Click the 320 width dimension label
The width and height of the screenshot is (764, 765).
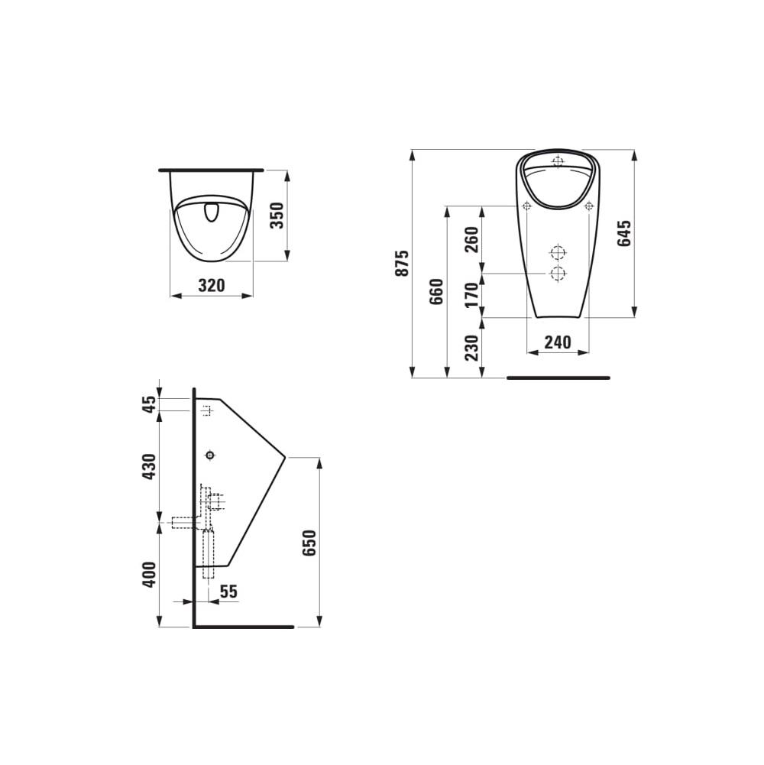(212, 286)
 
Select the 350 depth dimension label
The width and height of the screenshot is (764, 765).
(277, 216)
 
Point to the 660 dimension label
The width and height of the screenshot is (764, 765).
(436, 291)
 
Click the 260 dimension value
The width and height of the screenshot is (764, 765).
(471, 239)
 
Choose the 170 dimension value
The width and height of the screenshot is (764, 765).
(471, 294)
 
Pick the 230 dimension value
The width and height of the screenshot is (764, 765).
(471, 347)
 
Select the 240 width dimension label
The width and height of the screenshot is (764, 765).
(558, 342)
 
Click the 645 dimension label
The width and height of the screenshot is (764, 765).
(624, 233)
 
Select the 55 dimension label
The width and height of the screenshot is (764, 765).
(228, 591)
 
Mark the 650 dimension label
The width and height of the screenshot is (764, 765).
(308, 542)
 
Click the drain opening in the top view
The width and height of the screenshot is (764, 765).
(212, 212)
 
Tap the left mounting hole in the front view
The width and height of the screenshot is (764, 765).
(526, 206)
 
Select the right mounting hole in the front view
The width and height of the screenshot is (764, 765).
(588, 206)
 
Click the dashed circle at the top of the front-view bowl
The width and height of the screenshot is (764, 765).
(558, 162)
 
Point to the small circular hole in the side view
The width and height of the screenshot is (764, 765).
(210, 455)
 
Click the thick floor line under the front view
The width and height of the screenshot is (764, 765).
(558, 378)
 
